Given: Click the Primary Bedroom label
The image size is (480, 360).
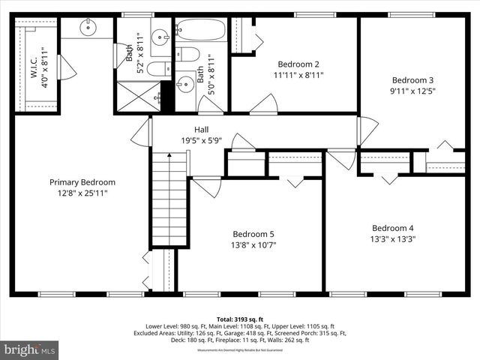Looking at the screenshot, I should [x=82, y=182].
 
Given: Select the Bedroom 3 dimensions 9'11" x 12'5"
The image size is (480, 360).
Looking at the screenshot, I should [x=412, y=91].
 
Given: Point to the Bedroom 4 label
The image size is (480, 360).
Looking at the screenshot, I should [x=393, y=228].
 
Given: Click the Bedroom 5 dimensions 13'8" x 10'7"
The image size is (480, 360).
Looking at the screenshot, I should [x=258, y=244].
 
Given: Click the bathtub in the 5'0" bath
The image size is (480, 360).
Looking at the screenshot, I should [x=200, y=31].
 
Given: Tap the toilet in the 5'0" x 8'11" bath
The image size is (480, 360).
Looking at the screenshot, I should [x=188, y=55].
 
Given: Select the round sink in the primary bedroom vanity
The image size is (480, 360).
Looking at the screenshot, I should [x=87, y=29].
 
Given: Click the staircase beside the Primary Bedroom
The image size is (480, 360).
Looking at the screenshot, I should [x=168, y=198].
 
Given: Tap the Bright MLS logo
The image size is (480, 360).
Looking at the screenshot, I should [x=30, y=349].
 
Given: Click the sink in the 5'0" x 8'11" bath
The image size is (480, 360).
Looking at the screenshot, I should [x=184, y=84].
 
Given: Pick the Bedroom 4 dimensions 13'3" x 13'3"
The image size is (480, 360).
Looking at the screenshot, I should [x=393, y=239].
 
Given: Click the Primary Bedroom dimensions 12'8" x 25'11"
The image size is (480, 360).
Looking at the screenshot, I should [x=82, y=193].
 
